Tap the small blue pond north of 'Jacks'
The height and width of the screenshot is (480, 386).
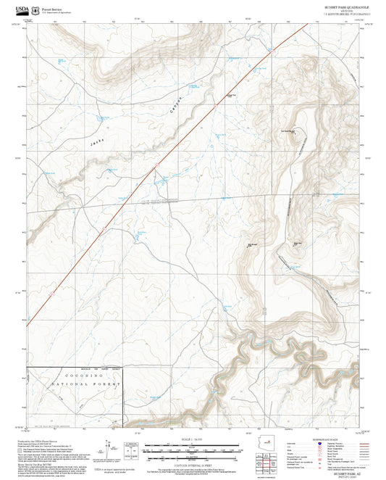[97, 117]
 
